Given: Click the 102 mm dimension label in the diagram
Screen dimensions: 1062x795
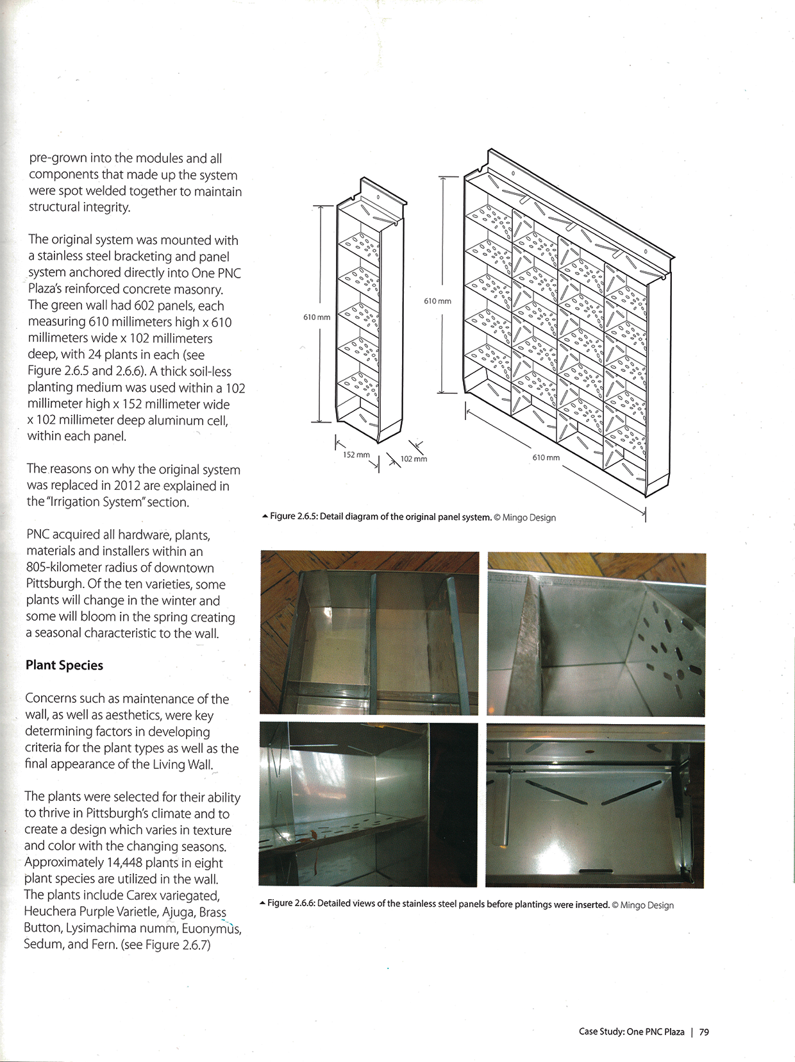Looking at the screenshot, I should click(x=414, y=459).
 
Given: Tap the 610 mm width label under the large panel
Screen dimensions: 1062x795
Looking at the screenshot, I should click(x=546, y=457).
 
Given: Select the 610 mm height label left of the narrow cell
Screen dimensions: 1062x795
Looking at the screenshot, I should click(x=317, y=317).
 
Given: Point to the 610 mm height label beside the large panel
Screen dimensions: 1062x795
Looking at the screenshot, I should click(x=437, y=301).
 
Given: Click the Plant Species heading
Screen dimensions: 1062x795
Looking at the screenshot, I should click(x=64, y=665).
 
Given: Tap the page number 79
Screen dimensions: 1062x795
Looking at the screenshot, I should click(x=704, y=1032).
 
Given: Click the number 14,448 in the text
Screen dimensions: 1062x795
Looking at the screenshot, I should click(x=119, y=863).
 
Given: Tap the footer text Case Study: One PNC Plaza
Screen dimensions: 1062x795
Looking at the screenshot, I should click(x=632, y=1032).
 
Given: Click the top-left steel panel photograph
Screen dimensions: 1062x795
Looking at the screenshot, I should click(x=369, y=632).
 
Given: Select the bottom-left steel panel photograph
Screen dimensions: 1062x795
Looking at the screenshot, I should click(x=368, y=804).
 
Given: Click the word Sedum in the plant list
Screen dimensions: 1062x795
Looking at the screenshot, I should click(x=41, y=944).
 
